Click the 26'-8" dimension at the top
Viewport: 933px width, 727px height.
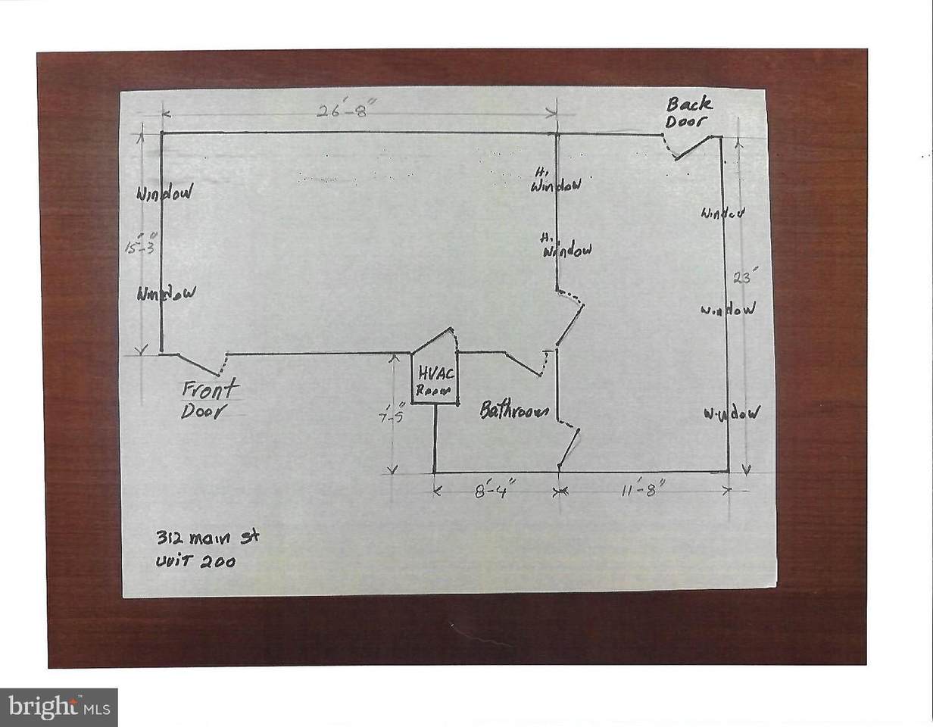pyautogui.click(x=345, y=110)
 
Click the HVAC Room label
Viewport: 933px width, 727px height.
pyautogui.click(x=434, y=382)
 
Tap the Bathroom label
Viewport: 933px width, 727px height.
pyautogui.click(x=515, y=411)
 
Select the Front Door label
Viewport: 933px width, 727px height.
pyautogui.click(x=207, y=399)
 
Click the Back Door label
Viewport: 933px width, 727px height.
pyautogui.click(x=688, y=113)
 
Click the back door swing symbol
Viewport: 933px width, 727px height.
pyautogui.click(x=689, y=146)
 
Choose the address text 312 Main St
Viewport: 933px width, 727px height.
pyautogui.click(x=207, y=538)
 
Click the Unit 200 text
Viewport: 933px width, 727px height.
pyautogui.click(x=195, y=561)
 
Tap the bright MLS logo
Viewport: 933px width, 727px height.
pyautogui.click(x=58, y=707)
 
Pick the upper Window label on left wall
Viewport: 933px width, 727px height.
pyautogui.click(x=164, y=192)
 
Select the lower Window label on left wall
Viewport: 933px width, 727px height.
pyautogui.click(x=167, y=293)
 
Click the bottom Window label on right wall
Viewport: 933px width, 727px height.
pyautogui.click(x=731, y=413)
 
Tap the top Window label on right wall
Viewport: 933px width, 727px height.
pyautogui.click(x=722, y=214)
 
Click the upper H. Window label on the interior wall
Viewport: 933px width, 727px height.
pyautogui.click(x=556, y=182)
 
